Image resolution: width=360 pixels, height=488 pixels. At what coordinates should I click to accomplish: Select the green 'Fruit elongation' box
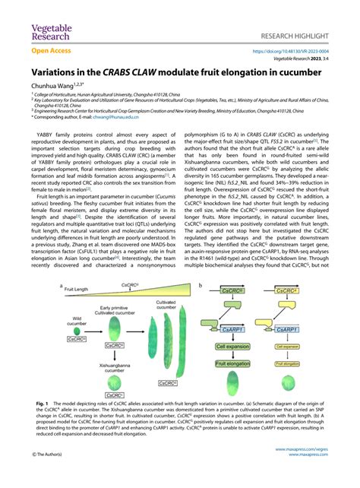(231, 364)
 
